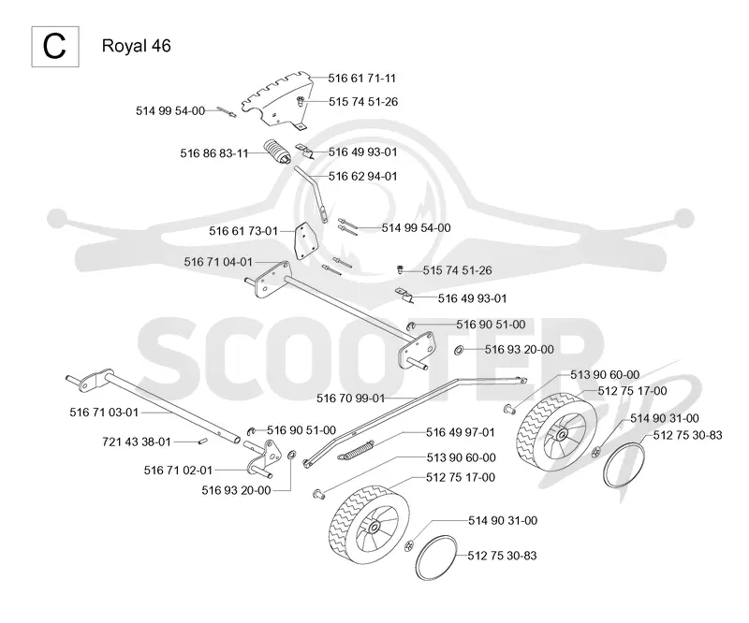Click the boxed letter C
[54, 47]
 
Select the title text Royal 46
[136, 46]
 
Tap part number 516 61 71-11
[362, 79]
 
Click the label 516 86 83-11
[214, 153]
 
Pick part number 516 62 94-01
[362, 176]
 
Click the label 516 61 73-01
[243, 231]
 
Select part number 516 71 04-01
[218, 262]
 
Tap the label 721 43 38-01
[137, 442]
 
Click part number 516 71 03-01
[104, 413]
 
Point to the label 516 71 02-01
[178, 471]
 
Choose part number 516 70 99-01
[350, 398]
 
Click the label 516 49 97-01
[461, 432]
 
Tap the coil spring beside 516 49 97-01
[355, 450]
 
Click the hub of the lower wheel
[374, 527]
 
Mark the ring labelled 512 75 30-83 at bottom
[435, 558]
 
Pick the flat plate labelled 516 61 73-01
[305, 241]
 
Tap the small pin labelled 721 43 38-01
[202, 442]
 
